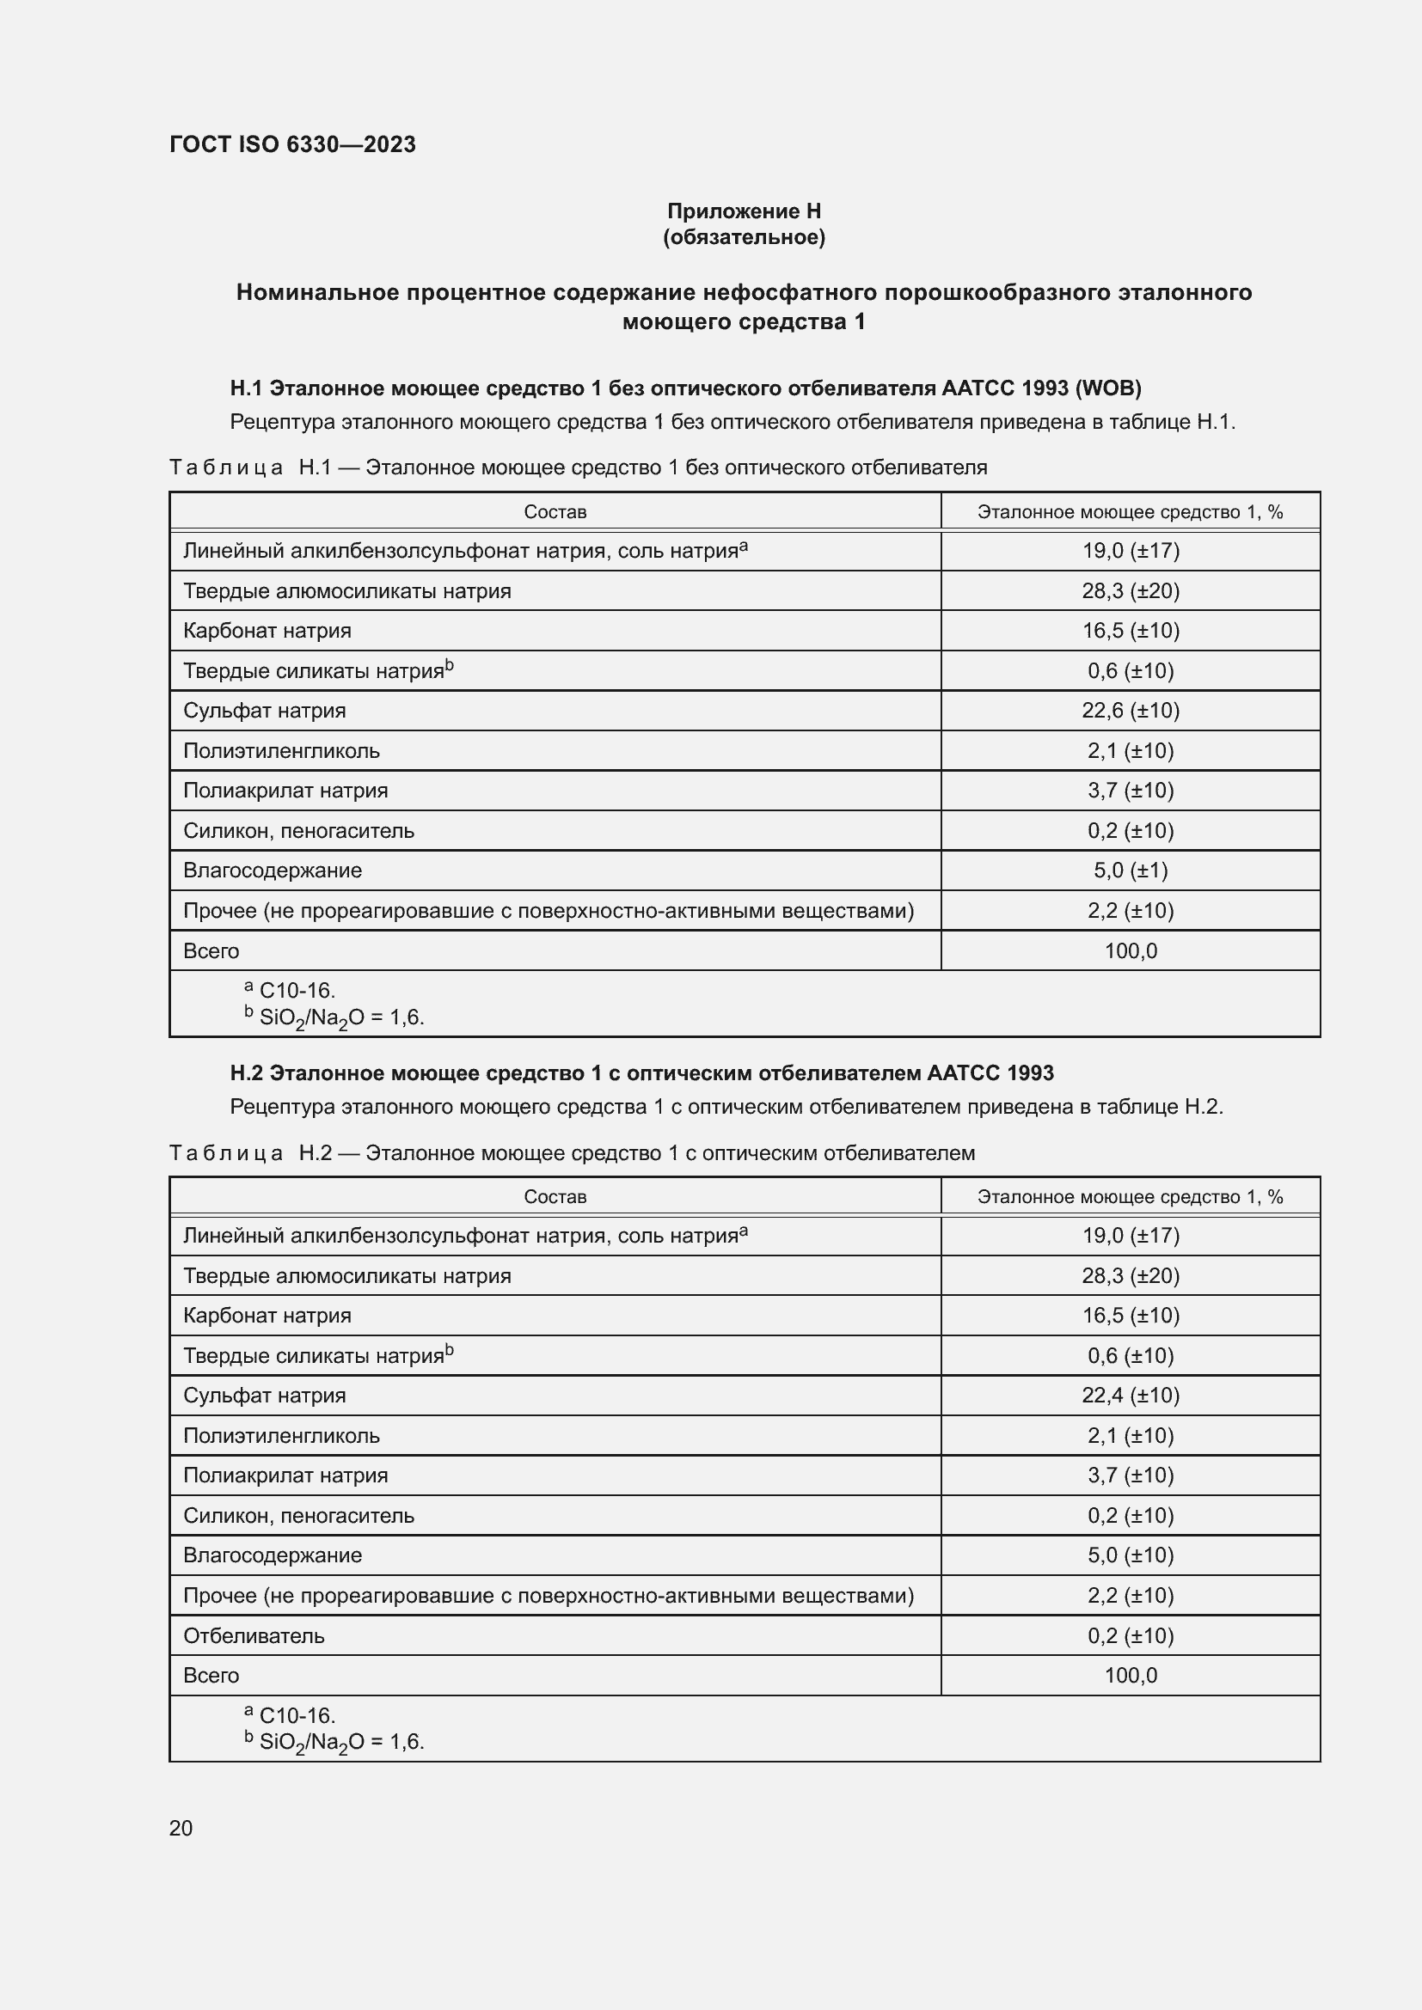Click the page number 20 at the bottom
181,1828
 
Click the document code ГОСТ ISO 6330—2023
292,144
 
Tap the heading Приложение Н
744,211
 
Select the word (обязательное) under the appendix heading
744,237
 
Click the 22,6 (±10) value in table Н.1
1130,711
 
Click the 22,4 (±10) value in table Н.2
1130,1396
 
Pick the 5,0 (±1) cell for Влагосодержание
1130,871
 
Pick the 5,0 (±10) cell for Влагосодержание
1130,1555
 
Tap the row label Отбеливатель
253,1635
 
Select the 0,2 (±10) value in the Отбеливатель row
1130,1635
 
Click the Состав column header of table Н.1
555,512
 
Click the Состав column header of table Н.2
555,1197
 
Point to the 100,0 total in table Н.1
1130,950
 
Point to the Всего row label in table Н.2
211,1675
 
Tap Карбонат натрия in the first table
267,630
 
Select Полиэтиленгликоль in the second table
281,1436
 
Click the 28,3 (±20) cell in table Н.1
1130,591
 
